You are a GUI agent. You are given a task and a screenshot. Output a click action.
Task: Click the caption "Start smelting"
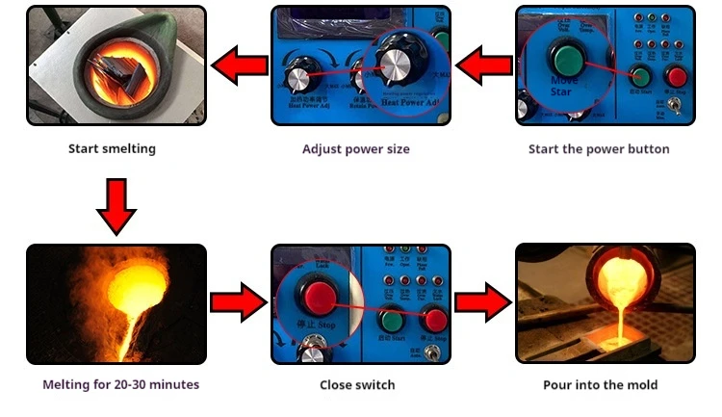pyautogui.click(x=112, y=149)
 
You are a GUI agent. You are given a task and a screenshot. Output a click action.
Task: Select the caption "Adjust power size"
pyautogui.click(x=356, y=149)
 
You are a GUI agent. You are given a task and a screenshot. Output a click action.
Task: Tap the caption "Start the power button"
pyautogui.click(x=599, y=149)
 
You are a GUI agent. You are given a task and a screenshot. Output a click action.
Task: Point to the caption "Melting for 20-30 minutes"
pyautogui.click(x=121, y=384)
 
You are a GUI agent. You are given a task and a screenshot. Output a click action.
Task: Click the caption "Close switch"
pyautogui.click(x=357, y=385)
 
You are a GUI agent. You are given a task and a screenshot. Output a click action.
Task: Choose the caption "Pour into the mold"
pyautogui.click(x=601, y=385)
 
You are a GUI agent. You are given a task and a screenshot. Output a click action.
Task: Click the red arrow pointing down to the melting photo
pyautogui.click(x=117, y=206)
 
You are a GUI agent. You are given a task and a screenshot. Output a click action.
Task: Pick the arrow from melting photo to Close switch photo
pyautogui.click(x=238, y=303)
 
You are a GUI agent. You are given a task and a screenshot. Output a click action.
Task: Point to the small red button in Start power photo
pyautogui.click(x=678, y=77)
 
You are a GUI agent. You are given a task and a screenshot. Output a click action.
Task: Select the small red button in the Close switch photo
pyautogui.click(x=435, y=320)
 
